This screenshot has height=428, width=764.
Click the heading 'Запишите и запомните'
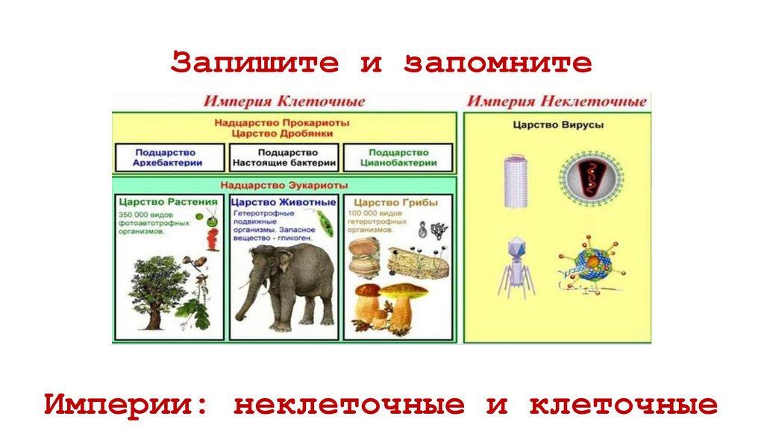(x=381, y=62)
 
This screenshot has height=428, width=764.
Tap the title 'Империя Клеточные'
(x=285, y=101)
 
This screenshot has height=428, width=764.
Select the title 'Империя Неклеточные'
(x=557, y=101)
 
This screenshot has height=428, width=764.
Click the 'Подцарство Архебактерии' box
(x=169, y=157)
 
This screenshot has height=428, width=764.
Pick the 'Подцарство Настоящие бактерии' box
(x=284, y=157)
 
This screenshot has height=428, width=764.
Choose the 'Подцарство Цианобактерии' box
(x=398, y=157)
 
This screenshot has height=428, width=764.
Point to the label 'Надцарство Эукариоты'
(x=284, y=185)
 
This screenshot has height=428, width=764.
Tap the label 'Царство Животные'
(x=284, y=202)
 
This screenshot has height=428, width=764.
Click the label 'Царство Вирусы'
(x=557, y=125)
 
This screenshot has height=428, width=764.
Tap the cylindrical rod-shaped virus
(x=516, y=180)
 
